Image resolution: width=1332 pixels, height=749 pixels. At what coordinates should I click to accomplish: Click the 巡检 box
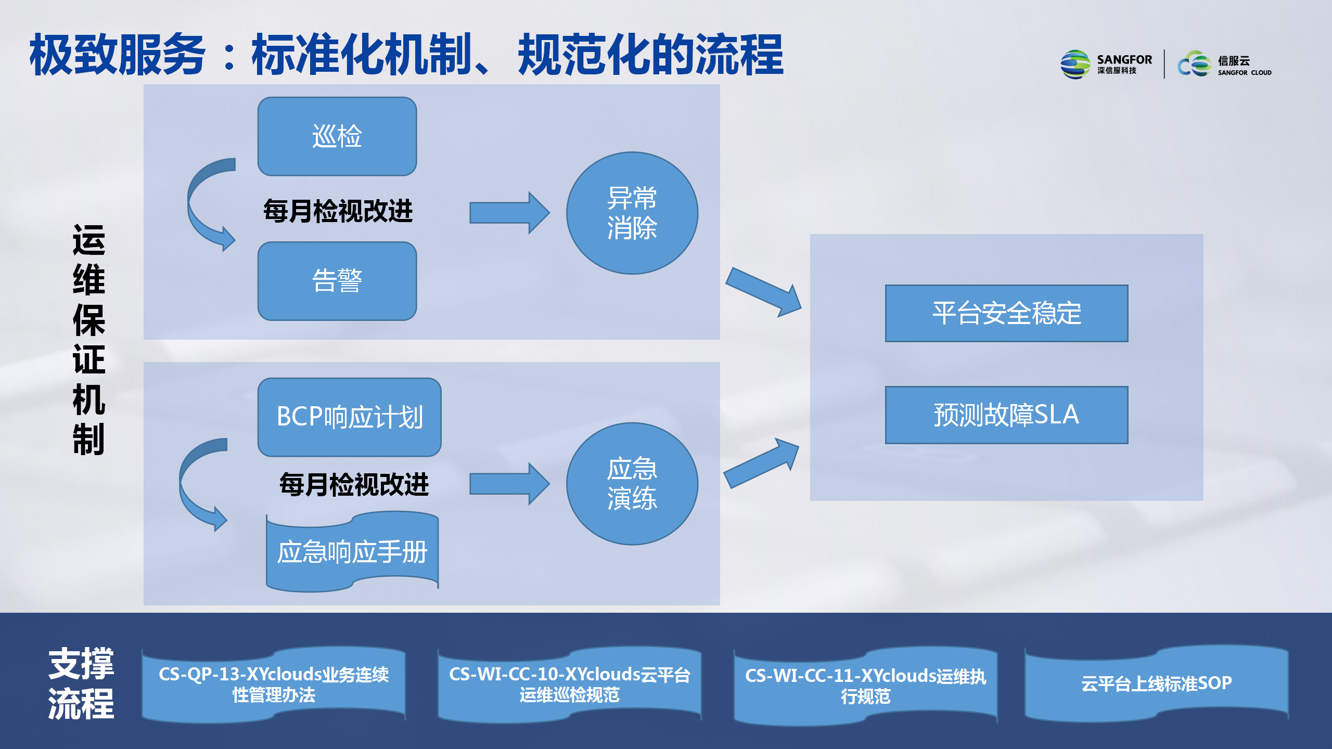point(337,136)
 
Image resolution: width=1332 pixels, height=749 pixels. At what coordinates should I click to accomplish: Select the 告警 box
point(337,281)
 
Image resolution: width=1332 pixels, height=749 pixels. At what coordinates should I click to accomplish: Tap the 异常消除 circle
point(632,213)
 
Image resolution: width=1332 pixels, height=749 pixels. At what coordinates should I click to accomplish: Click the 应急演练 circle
point(632,484)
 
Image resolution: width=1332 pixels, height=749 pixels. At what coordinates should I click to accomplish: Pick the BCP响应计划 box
point(350,417)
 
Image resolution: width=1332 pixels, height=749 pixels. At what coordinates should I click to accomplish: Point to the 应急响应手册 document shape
point(352,551)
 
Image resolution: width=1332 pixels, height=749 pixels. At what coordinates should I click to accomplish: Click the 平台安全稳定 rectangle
point(1007,313)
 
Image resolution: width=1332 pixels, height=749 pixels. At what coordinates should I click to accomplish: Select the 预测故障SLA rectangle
point(1007,415)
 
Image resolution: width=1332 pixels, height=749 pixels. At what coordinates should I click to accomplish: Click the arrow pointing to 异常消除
point(509,213)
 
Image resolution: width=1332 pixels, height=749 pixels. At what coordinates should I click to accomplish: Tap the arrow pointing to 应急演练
point(509,484)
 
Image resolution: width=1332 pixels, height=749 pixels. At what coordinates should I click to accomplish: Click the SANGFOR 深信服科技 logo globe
point(1075,64)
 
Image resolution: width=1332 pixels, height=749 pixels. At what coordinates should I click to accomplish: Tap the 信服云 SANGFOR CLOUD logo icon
point(1195,64)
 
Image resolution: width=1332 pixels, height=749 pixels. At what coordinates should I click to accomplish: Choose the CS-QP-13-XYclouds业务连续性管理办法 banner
point(274,685)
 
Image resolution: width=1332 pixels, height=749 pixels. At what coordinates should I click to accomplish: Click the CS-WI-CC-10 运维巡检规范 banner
point(570,685)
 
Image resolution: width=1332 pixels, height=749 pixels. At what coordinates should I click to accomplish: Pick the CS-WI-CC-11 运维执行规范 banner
point(866,686)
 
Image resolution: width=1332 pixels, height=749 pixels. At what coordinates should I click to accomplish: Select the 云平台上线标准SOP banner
point(1157,683)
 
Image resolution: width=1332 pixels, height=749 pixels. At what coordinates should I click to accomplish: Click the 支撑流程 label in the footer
point(81,683)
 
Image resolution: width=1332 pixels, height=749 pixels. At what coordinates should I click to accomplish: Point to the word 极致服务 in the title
point(118,54)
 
